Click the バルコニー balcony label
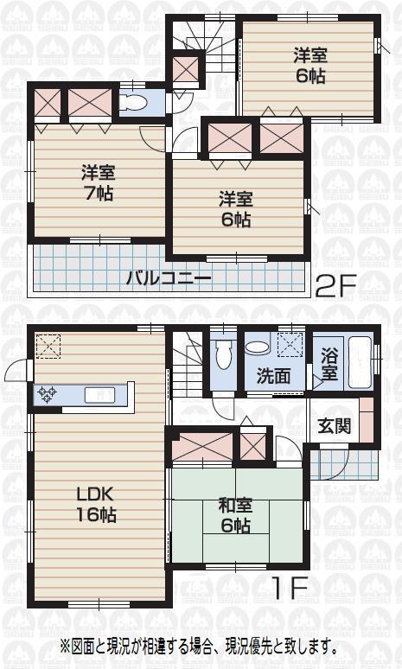[169, 278]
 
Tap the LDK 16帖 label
[96, 505]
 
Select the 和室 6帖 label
[234, 516]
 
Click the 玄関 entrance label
[334, 425]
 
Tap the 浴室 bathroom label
[330, 363]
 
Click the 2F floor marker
[335, 286]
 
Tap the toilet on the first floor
[224, 354]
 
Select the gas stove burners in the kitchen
[47, 394]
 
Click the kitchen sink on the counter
[99, 394]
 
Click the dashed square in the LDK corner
[49, 346]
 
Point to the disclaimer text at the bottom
[198, 646]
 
